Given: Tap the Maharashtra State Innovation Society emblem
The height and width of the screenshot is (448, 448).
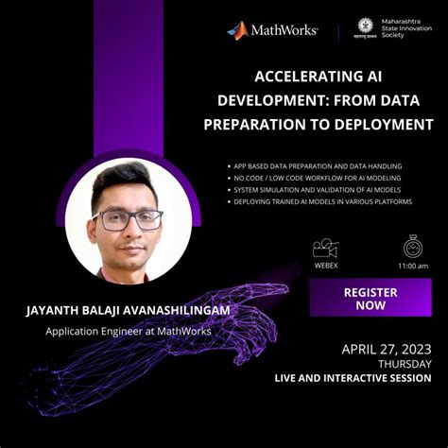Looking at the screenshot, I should click(365, 27).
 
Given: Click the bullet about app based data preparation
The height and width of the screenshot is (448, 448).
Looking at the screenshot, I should click(318, 164).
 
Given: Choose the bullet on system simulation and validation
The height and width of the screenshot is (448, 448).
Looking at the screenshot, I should click(316, 189).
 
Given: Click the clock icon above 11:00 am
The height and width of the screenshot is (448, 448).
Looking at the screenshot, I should click(413, 247).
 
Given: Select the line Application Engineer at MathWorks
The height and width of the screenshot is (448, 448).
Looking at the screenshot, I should click(129, 331).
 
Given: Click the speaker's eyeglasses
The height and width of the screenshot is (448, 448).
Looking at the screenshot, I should click(127, 220).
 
